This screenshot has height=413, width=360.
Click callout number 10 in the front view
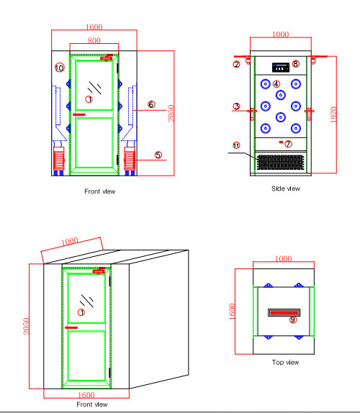(59, 68)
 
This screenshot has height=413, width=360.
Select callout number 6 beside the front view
(151, 104)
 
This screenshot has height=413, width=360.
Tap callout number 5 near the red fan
(158, 155)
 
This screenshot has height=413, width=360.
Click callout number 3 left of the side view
(236, 106)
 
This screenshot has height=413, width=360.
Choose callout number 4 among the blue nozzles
(276, 85)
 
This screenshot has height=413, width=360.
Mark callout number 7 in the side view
(289, 143)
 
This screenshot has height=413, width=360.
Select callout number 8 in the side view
(295, 64)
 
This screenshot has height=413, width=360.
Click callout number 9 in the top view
(292, 320)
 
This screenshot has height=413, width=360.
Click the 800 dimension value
(94, 41)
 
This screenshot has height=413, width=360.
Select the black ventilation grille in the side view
(281, 162)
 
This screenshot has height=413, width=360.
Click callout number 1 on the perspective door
(81, 312)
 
